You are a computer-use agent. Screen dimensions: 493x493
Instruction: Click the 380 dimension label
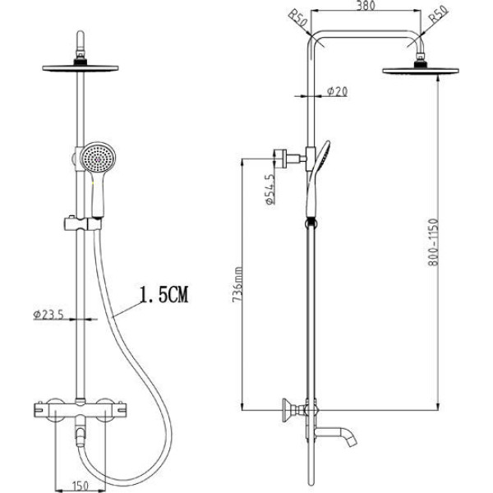click(366, 5)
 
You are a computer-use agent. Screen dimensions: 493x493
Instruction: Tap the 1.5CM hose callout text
click(164, 295)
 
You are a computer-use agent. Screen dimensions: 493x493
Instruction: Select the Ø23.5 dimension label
click(48, 314)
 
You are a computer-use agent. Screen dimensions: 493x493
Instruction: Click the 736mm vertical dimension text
click(237, 284)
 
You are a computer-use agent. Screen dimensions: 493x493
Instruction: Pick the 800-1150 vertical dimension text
click(433, 242)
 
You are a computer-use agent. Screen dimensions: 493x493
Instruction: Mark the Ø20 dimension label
click(337, 91)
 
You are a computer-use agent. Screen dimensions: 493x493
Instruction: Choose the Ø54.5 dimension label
click(270, 189)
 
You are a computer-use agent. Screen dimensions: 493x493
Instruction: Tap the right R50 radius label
click(438, 15)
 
